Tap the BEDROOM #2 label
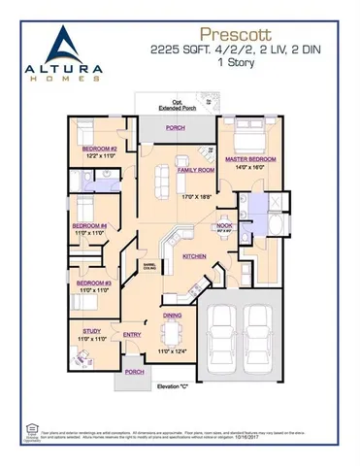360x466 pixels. (100, 149)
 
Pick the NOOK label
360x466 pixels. (224, 225)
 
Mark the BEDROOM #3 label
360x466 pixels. (92, 283)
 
